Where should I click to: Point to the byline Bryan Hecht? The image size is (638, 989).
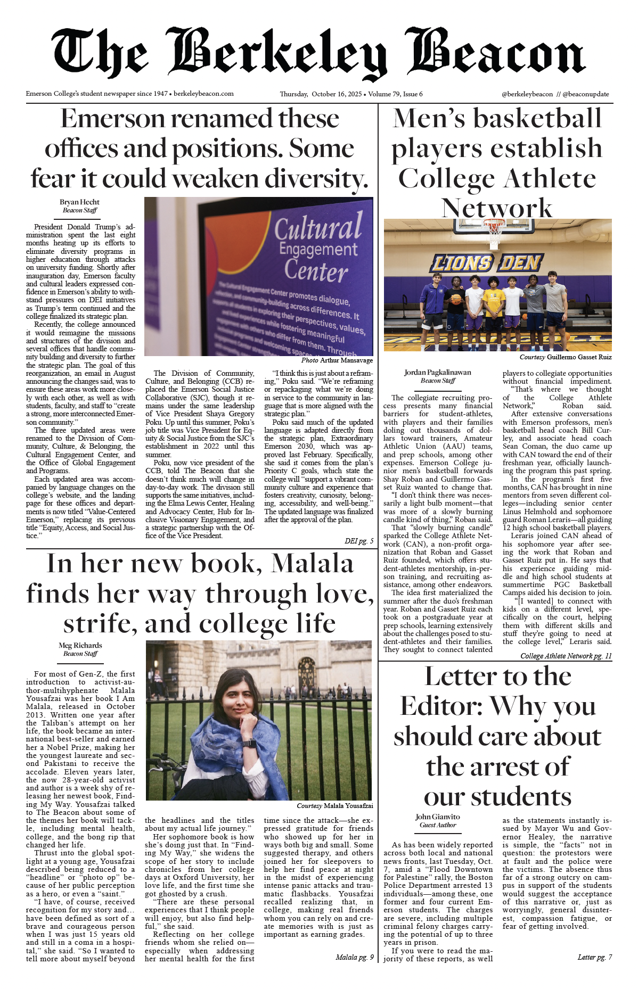79,202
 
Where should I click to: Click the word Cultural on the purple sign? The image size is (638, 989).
318,227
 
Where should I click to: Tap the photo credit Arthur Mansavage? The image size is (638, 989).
346,360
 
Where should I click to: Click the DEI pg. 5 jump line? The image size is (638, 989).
358,541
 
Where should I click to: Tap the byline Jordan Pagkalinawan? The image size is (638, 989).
437,373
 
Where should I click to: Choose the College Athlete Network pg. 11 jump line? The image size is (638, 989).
566,656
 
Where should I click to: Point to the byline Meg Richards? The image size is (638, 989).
80,646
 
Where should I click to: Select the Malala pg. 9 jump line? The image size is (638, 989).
354,957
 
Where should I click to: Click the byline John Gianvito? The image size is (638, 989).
438,817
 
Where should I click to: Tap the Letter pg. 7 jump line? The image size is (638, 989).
594,957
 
